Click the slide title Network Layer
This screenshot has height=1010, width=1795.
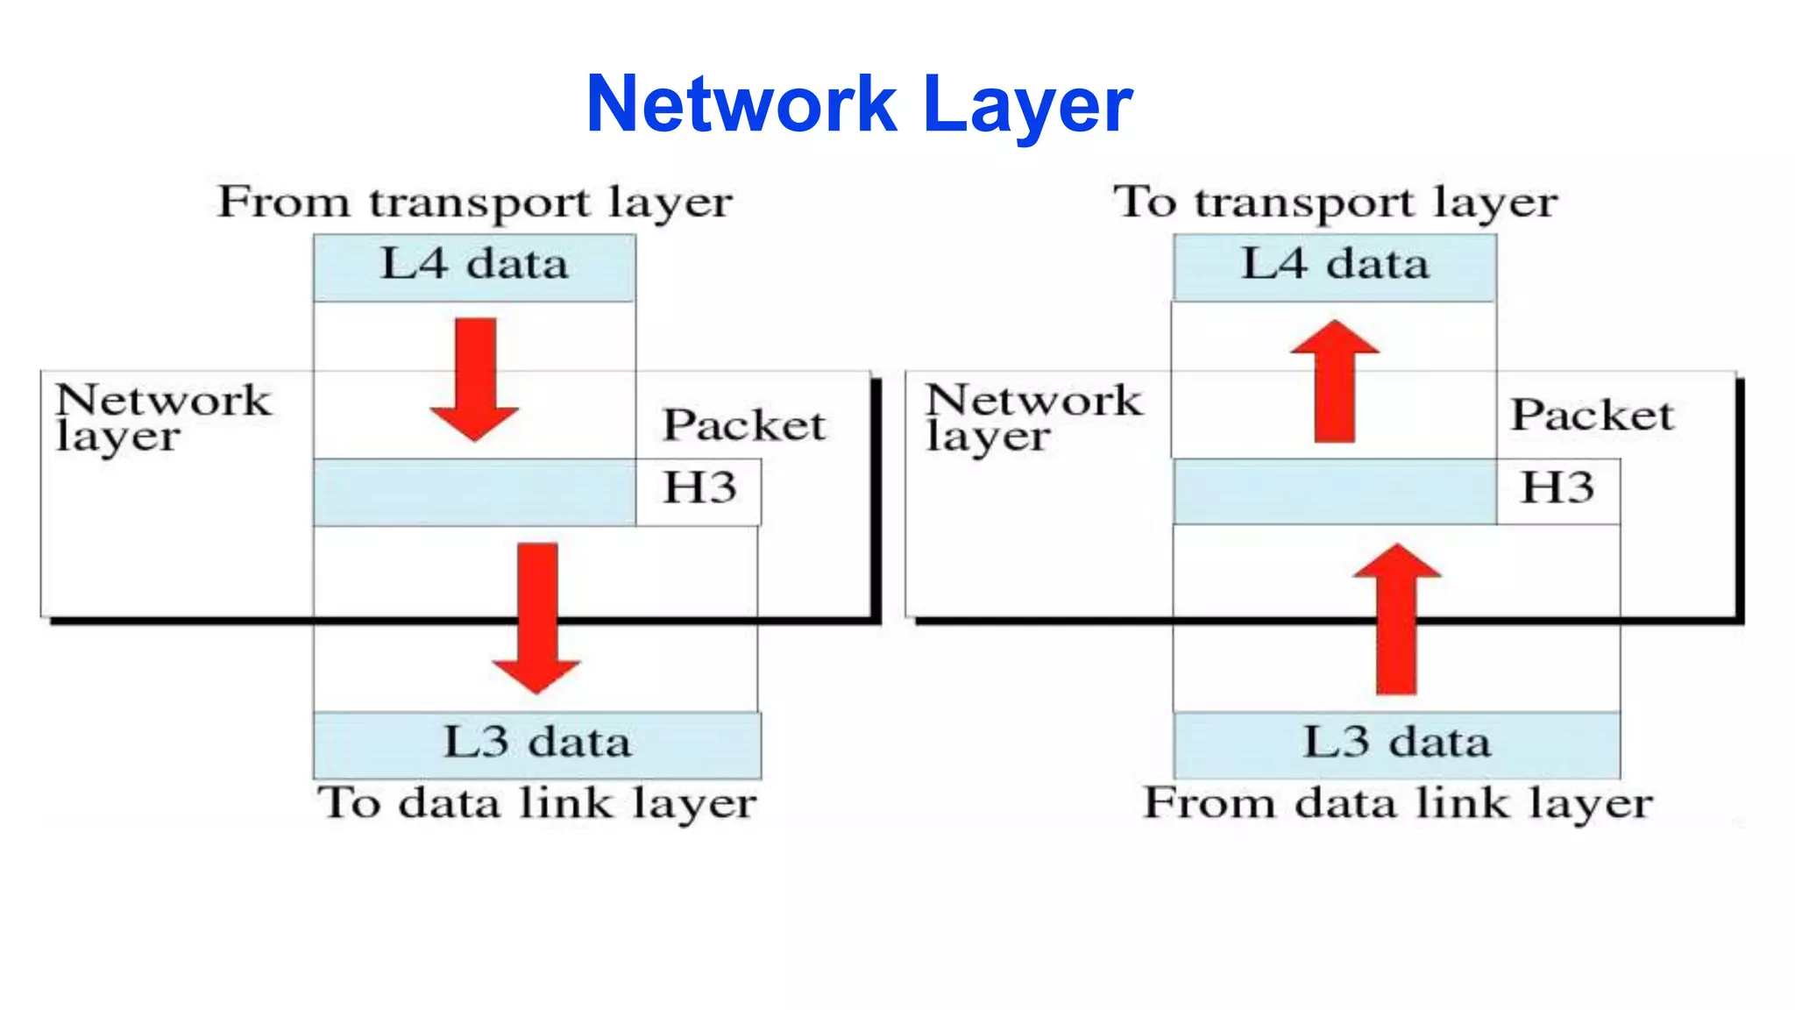point(859,105)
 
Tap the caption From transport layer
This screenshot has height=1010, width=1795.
point(474,203)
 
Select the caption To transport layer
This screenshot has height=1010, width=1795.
point(1335,203)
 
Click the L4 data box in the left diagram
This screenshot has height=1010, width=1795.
point(474,266)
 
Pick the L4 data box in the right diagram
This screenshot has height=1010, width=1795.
point(1335,266)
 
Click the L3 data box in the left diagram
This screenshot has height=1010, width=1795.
point(536,743)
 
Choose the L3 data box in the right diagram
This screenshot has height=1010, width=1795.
point(1396,743)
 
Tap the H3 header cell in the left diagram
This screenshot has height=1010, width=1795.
point(699,489)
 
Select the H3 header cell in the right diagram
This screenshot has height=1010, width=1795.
point(1557,489)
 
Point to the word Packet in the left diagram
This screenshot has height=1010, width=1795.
point(743,426)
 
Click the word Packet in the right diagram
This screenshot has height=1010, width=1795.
point(1592,416)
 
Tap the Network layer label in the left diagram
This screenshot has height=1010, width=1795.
point(163,417)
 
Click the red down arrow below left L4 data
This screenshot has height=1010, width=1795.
point(475,379)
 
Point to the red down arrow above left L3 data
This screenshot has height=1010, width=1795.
point(536,618)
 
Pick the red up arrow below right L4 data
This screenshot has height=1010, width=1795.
point(1335,381)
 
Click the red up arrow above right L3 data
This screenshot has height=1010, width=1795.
point(1396,618)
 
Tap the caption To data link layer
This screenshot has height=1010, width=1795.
point(536,804)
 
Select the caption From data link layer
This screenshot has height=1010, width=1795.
point(1398,804)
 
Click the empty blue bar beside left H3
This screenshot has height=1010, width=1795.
point(474,492)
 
